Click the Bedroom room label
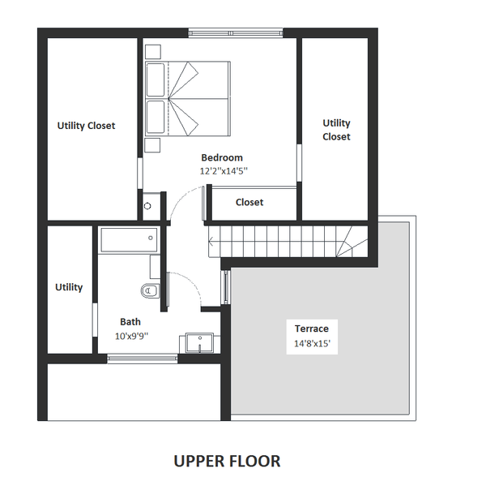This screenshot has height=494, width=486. point(222,157)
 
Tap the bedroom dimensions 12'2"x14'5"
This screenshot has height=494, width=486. point(224,171)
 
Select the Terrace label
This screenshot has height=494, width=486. point(311,329)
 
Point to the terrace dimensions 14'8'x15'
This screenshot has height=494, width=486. point(312,343)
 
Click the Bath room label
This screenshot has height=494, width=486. point(130,322)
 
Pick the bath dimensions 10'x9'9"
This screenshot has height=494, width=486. point(131,336)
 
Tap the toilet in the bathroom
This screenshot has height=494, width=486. point(151,290)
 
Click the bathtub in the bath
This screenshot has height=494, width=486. point(129,240)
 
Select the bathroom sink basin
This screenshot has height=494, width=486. point(199,342)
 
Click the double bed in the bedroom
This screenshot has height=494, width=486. point(188,99)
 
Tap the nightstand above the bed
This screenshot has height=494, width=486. point(153,52)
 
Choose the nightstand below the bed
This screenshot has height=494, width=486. point(152,145)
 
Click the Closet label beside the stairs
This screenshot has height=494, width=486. point(249,202)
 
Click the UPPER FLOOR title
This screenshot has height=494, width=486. point(227,462)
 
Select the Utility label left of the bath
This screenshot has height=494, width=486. point(69,287)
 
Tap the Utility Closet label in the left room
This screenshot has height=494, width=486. point(86,126)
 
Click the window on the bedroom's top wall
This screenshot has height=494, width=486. point(236,33)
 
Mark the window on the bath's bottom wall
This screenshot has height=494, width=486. point(143,359)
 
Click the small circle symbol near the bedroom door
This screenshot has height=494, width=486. point(147,206)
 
